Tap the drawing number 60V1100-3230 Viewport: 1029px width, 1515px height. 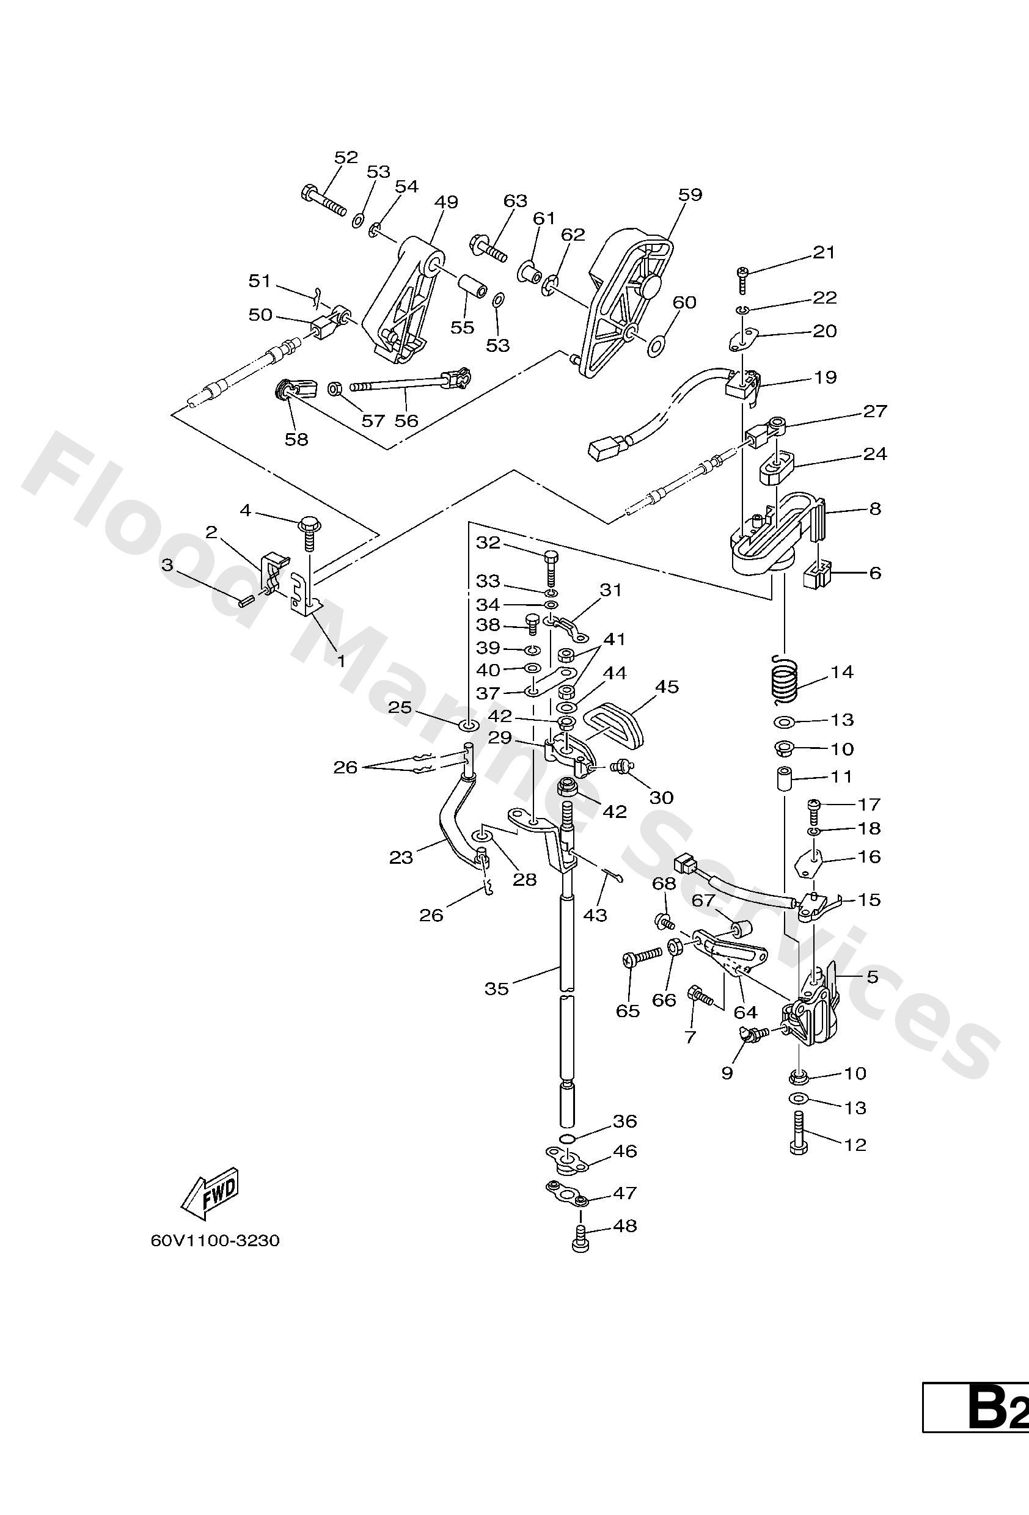215,1240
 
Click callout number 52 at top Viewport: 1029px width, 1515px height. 346,157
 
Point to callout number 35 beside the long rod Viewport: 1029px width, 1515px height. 496,989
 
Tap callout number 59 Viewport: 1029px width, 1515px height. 690,194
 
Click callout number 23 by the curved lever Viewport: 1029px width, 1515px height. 401,857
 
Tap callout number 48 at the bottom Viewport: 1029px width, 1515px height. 624,1225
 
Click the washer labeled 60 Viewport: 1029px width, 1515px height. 656,344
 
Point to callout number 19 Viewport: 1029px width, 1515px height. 825,378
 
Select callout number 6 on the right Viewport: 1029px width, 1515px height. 874,572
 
